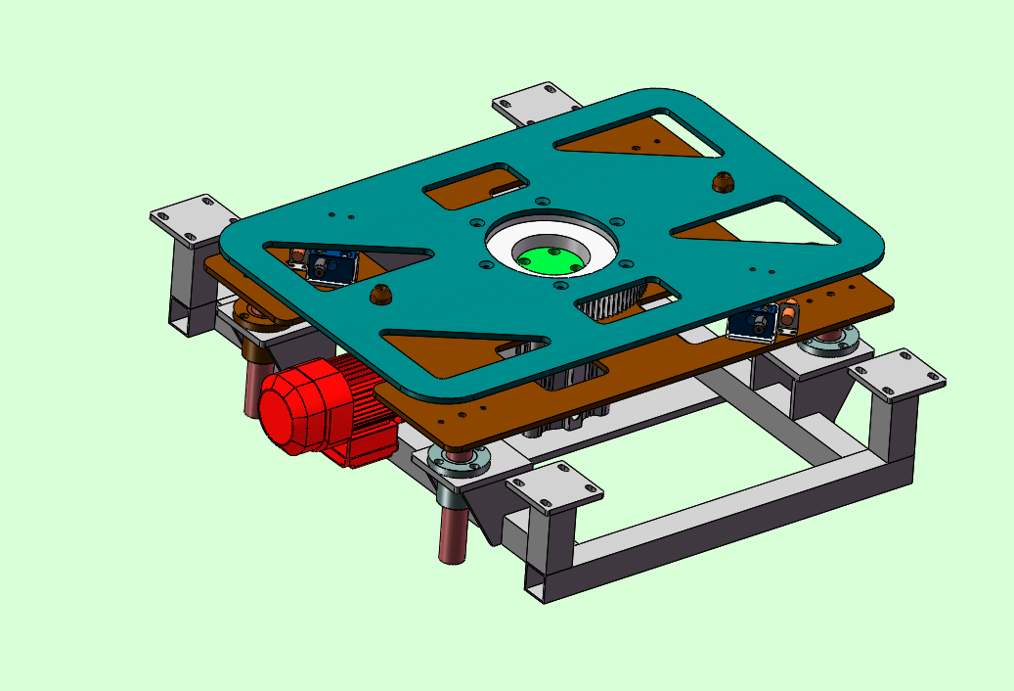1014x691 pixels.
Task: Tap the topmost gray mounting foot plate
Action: tap(537, 103)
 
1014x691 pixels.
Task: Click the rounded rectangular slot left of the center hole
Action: tap(477, 186)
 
